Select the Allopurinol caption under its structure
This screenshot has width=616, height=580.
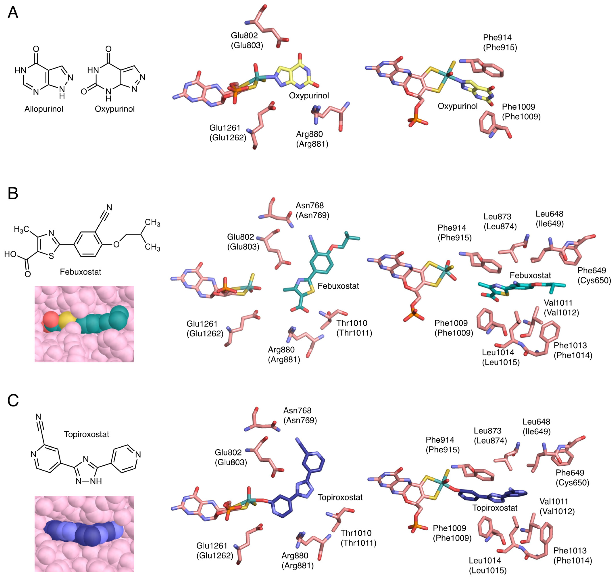tap(44, 109)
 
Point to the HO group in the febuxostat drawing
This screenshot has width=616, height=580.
tap(10, 254)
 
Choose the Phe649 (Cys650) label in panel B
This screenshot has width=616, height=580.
tap(594, 275)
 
